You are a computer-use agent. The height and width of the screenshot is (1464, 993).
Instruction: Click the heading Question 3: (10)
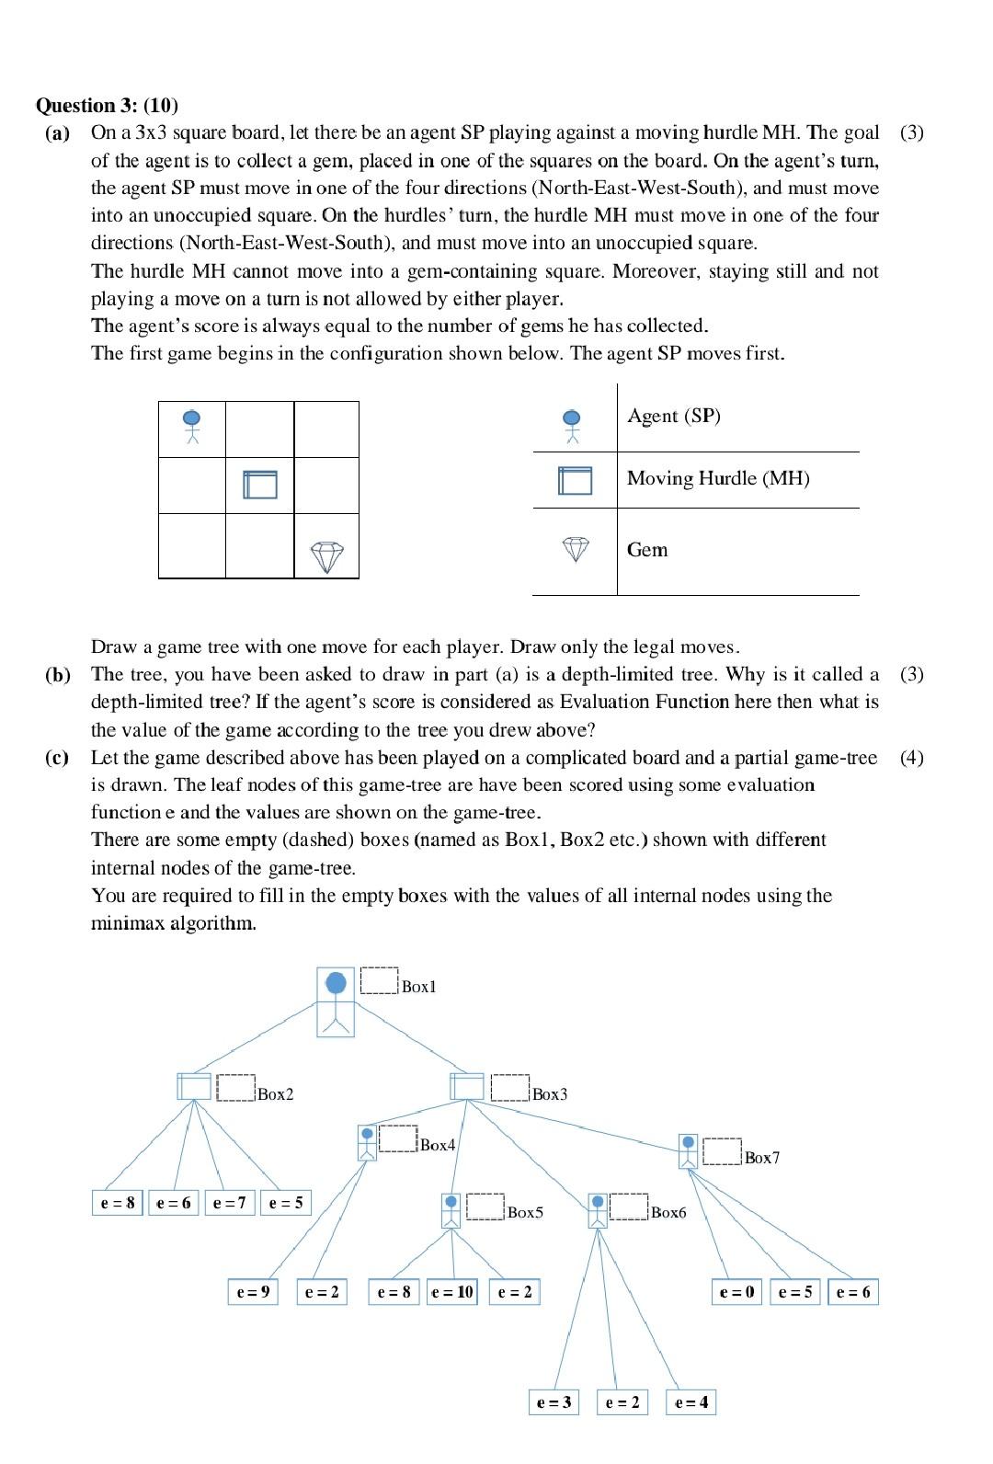point(107,105)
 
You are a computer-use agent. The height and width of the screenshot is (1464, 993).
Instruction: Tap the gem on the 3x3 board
point(326,556)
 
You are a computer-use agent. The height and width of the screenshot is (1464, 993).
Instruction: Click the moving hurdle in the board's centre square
point(260,484)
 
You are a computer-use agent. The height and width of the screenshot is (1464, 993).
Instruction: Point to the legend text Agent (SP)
point(673,416)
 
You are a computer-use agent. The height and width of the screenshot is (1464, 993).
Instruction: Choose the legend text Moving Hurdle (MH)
point(717,478)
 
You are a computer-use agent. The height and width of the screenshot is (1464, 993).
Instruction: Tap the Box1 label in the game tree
point(418,987)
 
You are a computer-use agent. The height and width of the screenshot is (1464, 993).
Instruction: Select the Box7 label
point(761,1158)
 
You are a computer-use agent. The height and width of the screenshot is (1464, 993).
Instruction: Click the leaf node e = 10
point(452,1292)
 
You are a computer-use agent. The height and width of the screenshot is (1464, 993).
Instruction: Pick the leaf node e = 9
point(253,1292)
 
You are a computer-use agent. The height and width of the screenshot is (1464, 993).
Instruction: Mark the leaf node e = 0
point(736,1292)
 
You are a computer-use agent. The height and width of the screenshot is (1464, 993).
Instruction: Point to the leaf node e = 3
point(554,1402)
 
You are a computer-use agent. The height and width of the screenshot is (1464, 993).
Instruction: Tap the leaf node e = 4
point(691,1402)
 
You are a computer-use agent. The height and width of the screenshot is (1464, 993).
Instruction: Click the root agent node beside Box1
point(336,1001)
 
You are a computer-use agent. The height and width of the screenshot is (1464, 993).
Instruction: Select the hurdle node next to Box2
point(194,1086)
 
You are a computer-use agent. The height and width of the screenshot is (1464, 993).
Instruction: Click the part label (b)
point(57,674)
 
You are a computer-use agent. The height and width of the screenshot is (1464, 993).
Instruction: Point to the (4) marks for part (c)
point(911,758)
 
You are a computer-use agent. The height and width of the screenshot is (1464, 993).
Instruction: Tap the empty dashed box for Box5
point(485,1207)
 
